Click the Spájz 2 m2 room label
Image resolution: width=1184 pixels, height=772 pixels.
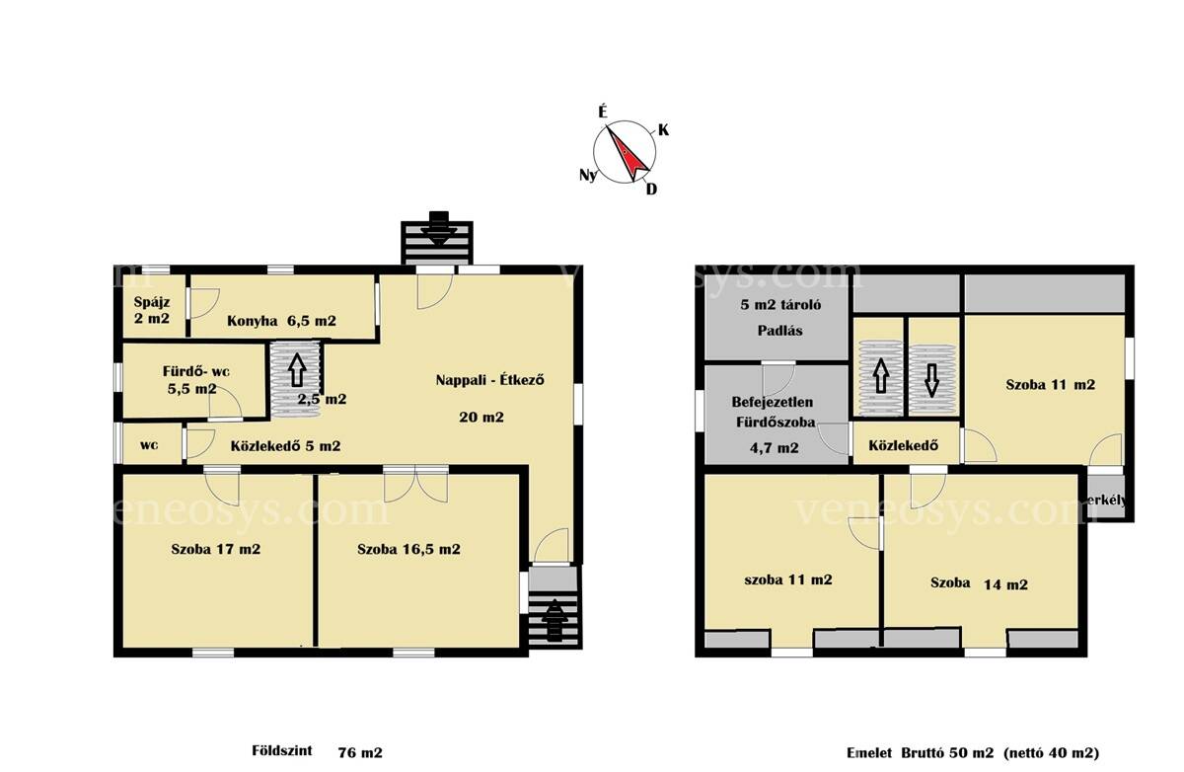[x=152, y=310]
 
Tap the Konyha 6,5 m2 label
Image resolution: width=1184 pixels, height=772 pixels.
[x=281, y=321]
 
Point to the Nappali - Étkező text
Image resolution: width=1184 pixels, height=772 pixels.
[x=490, y=380]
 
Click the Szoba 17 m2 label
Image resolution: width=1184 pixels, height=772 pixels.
[x=216, y=549]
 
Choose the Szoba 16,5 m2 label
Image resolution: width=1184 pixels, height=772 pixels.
[x=408, y=549]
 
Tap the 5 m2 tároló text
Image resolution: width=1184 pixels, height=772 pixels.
[x=780, y=305]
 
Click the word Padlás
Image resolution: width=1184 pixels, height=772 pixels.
[x=780, y=331]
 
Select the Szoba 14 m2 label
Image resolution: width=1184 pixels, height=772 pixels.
[x=979, y=583]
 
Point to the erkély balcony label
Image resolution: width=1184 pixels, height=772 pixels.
[x=1107, y=500]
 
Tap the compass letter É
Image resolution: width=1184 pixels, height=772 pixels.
[x=603, y=112]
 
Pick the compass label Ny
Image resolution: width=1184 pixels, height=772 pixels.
[x=588, y=175]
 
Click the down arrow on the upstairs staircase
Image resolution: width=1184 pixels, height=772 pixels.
[x=931, y=380]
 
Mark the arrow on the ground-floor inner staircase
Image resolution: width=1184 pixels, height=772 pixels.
[x=297, y=369]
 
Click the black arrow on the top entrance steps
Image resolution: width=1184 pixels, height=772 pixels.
[x=438, y=228]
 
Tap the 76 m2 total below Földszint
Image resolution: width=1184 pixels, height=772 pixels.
[x=360, y=752]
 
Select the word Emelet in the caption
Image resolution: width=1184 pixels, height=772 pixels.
[x=869, y=752]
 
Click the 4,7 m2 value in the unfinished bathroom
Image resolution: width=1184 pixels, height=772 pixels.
[x=774, y=448]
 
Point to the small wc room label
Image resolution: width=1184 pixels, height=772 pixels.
[x=149, y=445]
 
